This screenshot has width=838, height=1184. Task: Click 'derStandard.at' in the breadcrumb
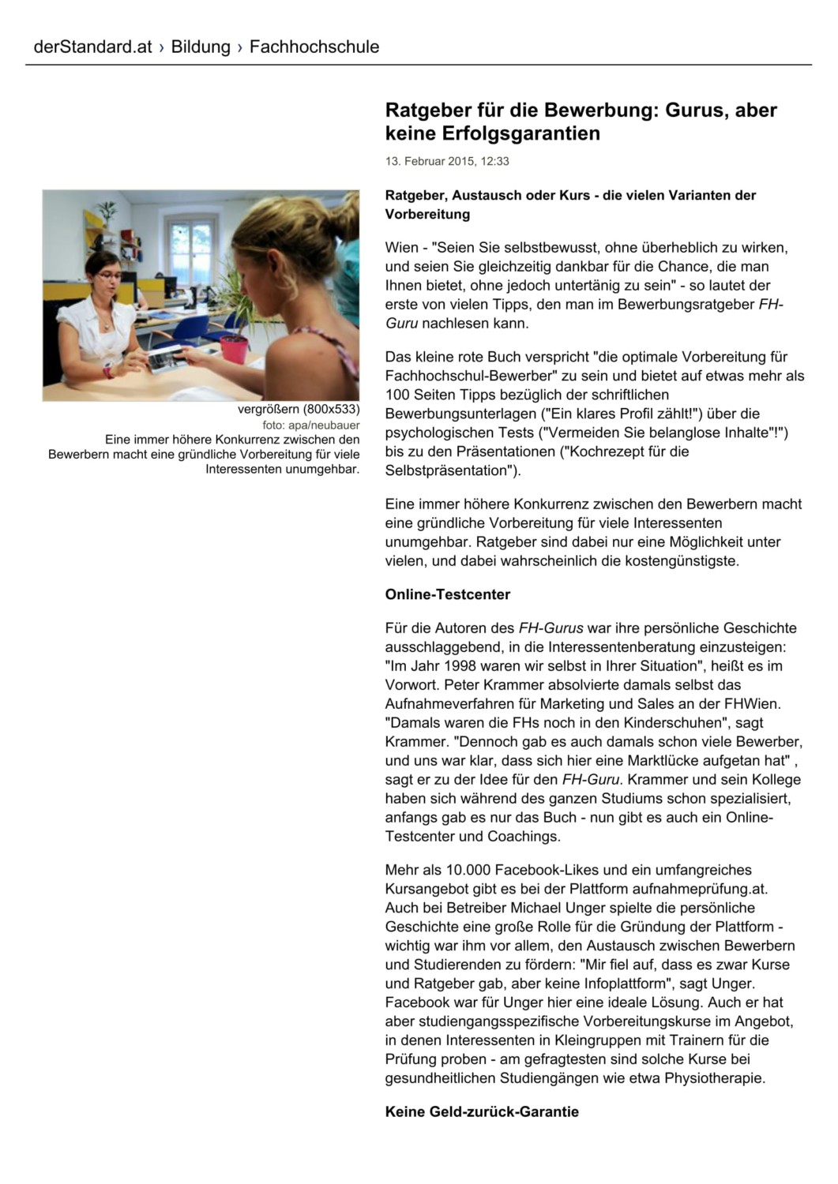click(92, 47)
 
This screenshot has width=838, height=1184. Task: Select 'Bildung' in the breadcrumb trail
click(201, 47)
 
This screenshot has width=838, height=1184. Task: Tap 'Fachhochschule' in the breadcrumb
click(314, 47)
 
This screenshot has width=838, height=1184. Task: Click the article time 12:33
click(495, 161)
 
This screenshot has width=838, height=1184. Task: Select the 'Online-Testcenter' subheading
click(448, 594)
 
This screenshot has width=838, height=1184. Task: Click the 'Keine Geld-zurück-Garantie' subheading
click(482, 1111)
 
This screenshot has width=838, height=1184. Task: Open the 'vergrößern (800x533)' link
click(299, 409)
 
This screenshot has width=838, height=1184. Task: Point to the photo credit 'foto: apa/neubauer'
click(311, 425)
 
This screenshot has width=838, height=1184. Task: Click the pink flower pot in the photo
click(234, 348)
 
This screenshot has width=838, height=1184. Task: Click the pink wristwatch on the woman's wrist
click(107, 371)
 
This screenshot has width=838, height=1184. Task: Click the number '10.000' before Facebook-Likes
click(468, 870)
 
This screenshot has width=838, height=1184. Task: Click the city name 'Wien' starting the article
click(401, 247)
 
